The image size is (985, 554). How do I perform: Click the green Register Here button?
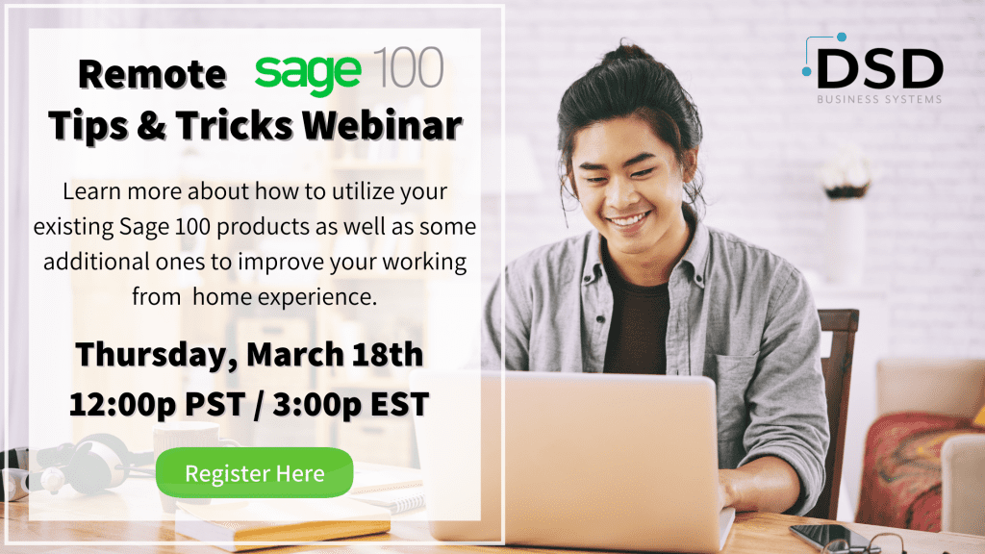(x=254, y=472)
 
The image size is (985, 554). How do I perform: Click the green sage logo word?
(x=308, y=73)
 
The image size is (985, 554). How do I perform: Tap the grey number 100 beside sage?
(x=408, y=67)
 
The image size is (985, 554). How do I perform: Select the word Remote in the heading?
(x=152, y=74)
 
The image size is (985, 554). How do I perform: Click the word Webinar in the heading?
(x=382, y=125)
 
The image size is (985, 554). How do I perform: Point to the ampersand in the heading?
(x=151, y=125)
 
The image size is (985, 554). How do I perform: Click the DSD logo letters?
(x=879, y=69)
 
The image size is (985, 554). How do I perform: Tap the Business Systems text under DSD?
(x=879, y=99)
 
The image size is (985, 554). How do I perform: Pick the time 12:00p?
(x=122, y=405)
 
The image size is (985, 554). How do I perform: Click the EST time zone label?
(x=399, y=403)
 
